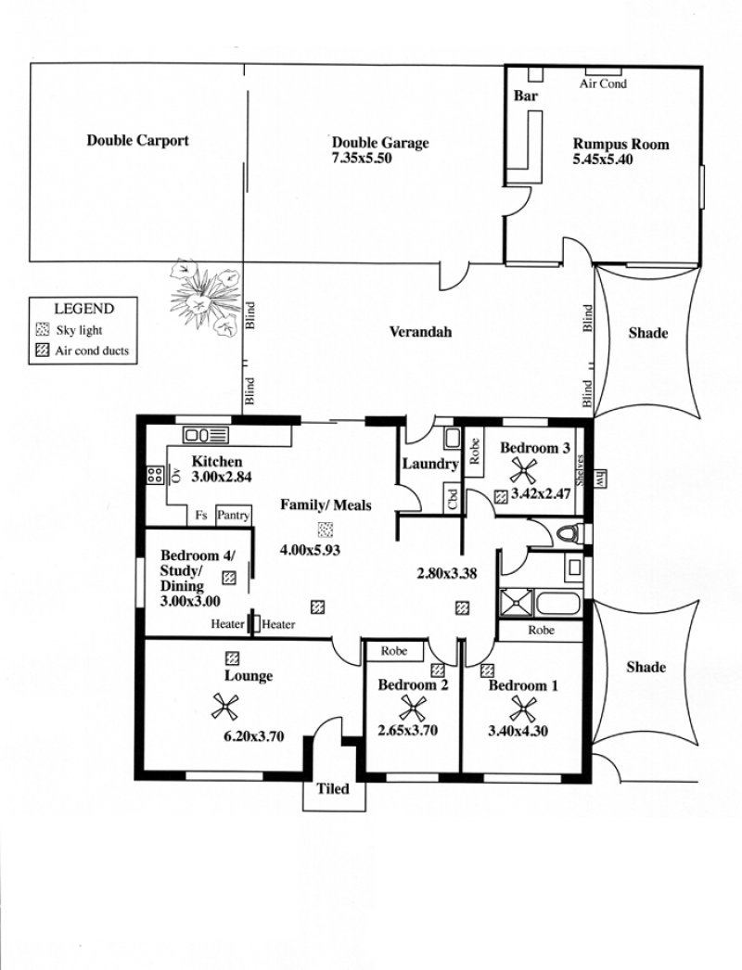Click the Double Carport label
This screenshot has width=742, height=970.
(137, 140)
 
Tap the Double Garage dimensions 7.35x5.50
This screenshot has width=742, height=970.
(362, 159)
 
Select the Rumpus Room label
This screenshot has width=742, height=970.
(620, 144)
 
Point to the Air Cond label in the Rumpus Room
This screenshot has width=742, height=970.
(603, 83)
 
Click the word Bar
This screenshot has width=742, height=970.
(525, 96)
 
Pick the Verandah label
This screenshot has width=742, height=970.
(420, 332)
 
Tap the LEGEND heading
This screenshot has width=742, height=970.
(84, 309)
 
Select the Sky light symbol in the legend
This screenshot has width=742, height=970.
(43, 329)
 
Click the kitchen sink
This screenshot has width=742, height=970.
(206, 435)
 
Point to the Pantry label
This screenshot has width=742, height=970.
(233, 516)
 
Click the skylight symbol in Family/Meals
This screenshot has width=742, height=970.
(326, 530)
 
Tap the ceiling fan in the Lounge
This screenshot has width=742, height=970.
(225, 706)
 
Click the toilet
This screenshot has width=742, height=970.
(570, 532)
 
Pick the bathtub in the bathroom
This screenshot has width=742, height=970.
(558, 604)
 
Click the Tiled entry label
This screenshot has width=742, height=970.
(333, 789)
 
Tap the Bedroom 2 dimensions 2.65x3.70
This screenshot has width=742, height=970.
(408, 731)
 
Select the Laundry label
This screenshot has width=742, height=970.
(430, 464)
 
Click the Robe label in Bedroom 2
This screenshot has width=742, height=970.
(394, 651)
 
